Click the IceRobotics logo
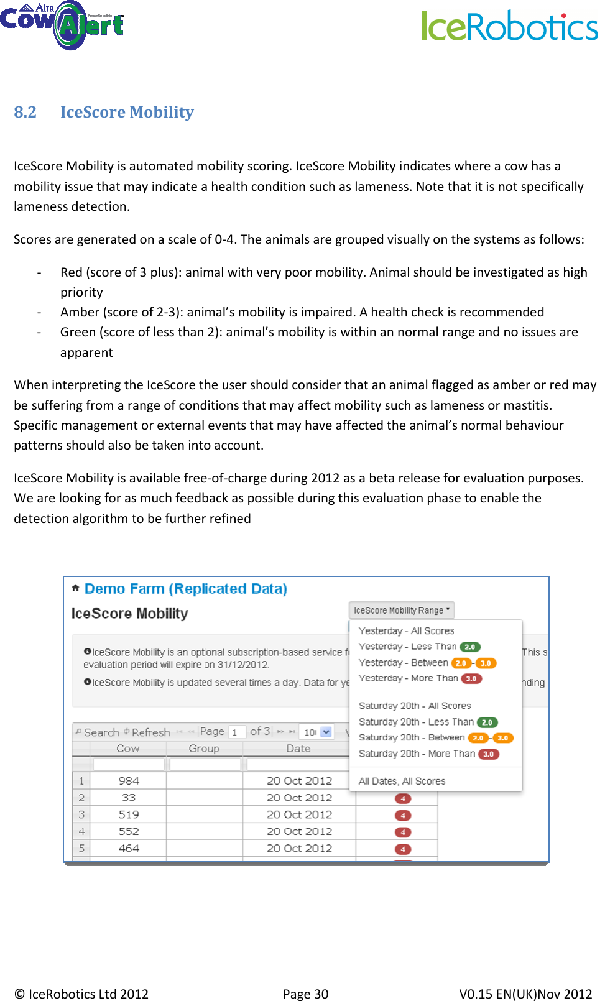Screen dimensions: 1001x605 510,26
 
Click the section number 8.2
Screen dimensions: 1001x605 25,113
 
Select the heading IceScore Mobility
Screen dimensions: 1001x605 127,113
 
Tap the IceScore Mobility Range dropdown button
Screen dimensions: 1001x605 401,611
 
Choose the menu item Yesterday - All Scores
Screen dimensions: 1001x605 406,630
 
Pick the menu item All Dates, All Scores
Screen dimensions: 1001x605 402,781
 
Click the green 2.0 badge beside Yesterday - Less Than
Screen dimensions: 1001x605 470,647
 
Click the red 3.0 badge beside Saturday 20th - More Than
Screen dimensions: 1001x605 488,754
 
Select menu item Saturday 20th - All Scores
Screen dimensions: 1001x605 415,706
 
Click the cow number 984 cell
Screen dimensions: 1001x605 129,781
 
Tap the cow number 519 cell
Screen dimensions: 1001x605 129,814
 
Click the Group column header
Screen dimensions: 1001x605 204,749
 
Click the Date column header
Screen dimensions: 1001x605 298,749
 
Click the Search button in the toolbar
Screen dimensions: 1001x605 97,732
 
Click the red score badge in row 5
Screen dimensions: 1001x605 403,849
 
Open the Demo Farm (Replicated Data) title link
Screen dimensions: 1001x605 185,589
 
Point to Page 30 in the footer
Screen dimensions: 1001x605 305,994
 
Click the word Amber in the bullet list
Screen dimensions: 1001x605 80,312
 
